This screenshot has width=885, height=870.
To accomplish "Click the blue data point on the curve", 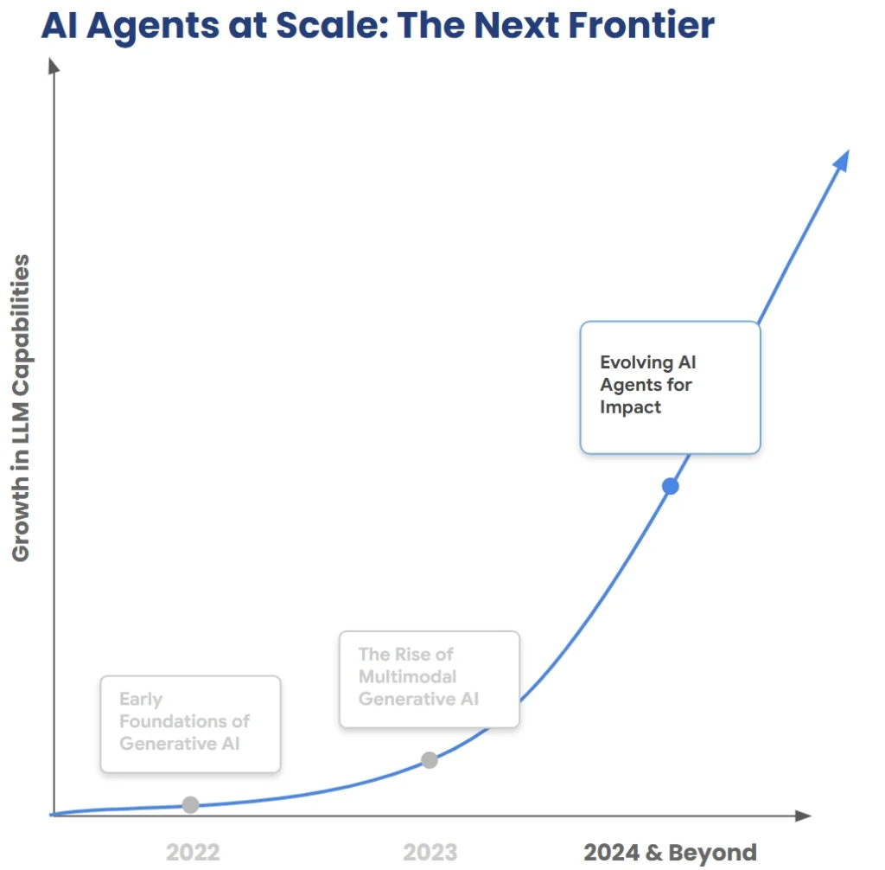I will (x=671, y=486).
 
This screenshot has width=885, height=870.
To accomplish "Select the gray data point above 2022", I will (x=191, y=804).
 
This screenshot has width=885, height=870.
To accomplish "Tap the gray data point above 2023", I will (x=430, y=760).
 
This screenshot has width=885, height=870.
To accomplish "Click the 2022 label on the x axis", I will (x=193, y=852).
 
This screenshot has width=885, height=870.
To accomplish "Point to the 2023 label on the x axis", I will (x=430, y=852).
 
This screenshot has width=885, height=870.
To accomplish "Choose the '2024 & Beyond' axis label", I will (x=670, y=852).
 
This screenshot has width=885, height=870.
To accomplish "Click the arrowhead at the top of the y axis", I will (x=54, y=65).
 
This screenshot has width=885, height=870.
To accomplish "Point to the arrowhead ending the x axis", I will (x=803, y=815).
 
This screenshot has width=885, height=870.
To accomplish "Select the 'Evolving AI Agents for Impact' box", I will (x=670, y=387).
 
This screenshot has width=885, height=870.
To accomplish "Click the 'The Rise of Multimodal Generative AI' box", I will (x=430, y=679).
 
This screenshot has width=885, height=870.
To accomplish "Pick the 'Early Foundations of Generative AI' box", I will (x=190, y=723).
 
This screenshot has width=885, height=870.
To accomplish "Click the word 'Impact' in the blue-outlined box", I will (x=631, y=406).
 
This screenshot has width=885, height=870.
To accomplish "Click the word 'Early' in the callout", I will (x=141, y=698).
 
